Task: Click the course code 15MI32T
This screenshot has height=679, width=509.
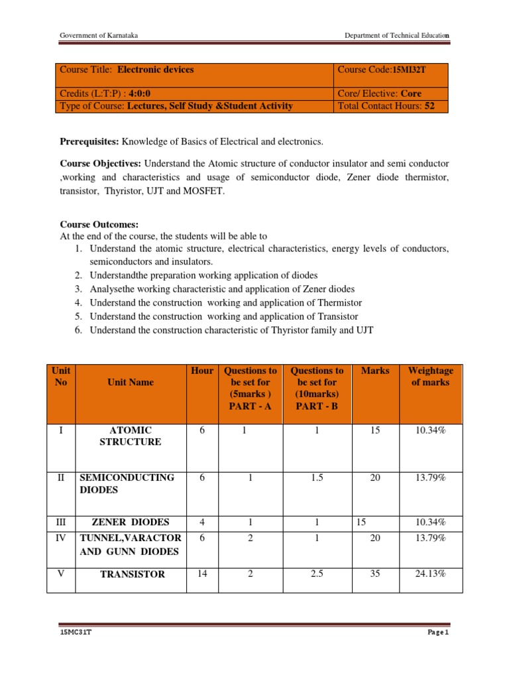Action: click(411, 70)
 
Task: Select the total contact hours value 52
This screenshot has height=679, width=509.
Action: click(429, 106)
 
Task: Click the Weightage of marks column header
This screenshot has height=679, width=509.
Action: click(431, 377)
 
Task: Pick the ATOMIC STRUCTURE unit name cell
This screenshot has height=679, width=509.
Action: click(131, 436)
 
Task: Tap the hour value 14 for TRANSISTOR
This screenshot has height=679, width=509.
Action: click(202, 574)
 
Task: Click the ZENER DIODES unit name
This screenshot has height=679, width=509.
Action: click(131, 522)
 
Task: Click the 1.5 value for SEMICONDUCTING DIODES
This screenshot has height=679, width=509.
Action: click(317, 477)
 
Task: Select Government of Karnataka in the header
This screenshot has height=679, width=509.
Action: click(99, 35)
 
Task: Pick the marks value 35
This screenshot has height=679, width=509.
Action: click(375, 574)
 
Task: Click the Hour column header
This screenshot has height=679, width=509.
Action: click(202, 371)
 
